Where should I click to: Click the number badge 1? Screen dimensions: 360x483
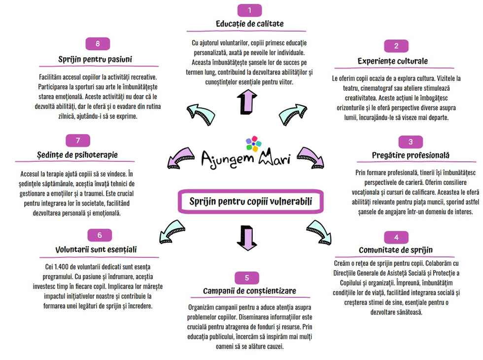249,10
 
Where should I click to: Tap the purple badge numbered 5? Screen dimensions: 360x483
247,278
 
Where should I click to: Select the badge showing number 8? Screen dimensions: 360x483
98,44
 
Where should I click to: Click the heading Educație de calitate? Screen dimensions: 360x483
249,24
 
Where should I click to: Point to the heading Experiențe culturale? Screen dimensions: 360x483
392,61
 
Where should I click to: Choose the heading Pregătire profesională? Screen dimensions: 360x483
411,155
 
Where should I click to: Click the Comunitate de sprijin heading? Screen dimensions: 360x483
396,250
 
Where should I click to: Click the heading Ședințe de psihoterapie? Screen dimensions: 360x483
77,154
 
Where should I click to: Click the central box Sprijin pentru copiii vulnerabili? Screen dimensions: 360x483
250,202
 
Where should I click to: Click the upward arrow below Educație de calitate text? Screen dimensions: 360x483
243,101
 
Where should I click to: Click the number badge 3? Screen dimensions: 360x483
411,142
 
